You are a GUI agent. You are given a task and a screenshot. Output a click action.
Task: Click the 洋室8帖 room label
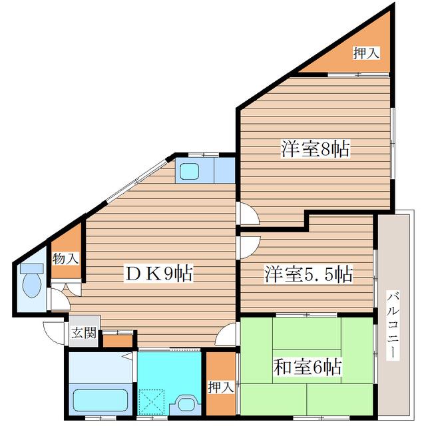click(316, 148)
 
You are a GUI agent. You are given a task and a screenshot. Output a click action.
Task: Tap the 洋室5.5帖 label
click(309, 274)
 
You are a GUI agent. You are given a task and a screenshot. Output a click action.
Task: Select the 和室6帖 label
click(308, 367)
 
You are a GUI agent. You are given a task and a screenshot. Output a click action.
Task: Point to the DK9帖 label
click(158, 273)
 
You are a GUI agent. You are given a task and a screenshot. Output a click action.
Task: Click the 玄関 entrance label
click(84, 333)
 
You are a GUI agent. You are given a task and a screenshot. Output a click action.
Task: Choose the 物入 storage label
click(66, 258)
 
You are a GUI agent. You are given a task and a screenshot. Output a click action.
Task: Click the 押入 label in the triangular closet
click(366, 53)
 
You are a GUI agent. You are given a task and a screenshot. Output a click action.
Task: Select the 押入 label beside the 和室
click(221, 387)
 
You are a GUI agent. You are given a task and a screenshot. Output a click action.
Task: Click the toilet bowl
click(32, 285)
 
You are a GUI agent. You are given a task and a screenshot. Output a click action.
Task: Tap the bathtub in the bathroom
click(101, 399)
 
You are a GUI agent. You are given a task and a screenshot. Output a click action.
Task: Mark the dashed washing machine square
click(151, 402)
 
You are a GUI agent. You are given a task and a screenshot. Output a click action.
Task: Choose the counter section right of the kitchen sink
click(224, 170)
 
